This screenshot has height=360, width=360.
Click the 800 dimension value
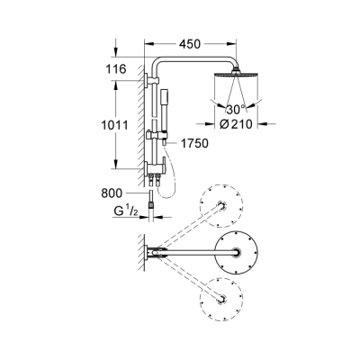point(112,191)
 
